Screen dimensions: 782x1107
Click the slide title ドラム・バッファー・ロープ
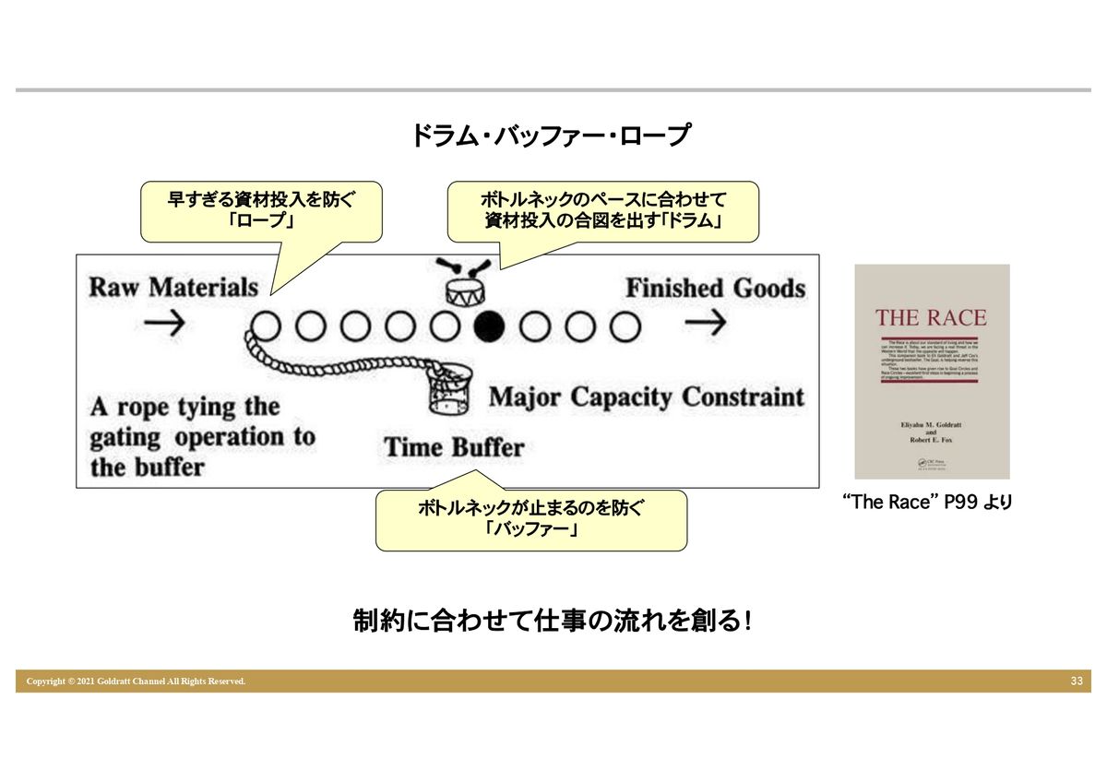pos(550,136)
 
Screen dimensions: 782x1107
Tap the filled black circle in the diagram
pos(489,325)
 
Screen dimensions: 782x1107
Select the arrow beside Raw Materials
pos(165,324)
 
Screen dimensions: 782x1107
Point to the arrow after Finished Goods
pos(707,324)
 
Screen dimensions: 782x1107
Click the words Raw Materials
pos(173,287)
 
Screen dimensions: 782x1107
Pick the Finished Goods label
pos(715,288)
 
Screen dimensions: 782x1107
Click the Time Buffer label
pos(454,448)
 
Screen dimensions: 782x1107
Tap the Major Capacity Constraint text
pos(646,397)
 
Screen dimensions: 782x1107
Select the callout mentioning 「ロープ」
pos(261,211)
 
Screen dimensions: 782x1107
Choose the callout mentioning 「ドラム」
pos(602,211)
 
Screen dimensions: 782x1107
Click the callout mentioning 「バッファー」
pos(530,520)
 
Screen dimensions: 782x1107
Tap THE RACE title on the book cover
pos(931,318)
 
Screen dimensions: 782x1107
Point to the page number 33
pos(1077,681)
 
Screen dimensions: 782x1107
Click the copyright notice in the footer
pos(136,681)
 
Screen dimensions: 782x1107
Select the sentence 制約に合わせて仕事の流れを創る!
pos(552,621)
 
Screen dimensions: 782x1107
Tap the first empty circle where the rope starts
pos(266,325)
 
